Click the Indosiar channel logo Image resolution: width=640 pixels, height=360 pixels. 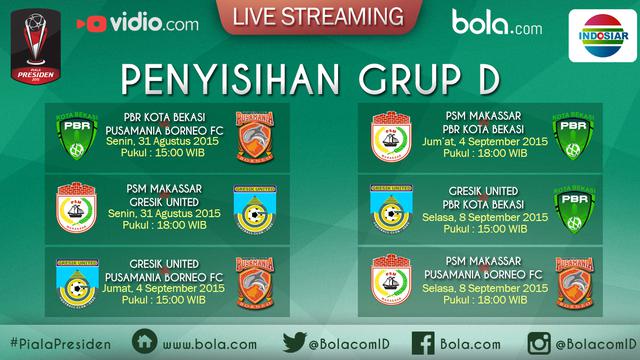click(602, 38)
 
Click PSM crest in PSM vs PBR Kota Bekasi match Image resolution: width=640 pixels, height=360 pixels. click(391, 135)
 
